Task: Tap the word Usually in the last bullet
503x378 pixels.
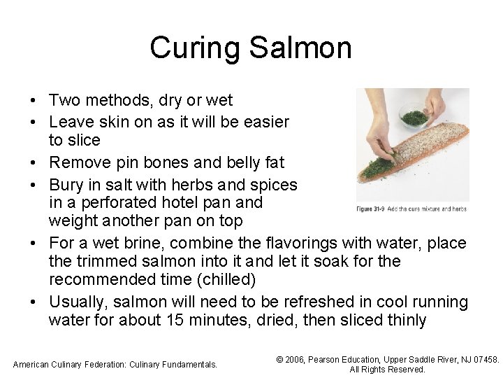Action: [x=77, y=302]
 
